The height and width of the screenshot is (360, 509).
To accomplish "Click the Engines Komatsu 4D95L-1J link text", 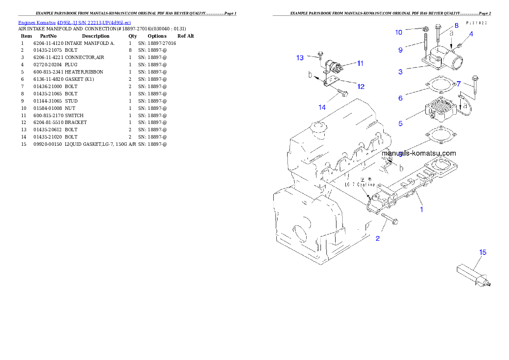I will coord(74,22).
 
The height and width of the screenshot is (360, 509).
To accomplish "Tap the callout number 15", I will coord(482,253).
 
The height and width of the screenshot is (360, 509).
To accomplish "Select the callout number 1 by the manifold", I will coord(421,210).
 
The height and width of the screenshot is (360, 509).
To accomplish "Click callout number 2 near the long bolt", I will coord(378,239).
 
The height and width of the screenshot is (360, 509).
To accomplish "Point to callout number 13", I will coord(300,58).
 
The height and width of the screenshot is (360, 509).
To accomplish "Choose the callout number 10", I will coord(399,32).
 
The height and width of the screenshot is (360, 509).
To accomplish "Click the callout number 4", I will coord(471,34).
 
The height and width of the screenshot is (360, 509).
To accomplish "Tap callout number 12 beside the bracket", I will coord(361,87).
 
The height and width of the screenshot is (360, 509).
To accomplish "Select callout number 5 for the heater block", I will coord(400,124).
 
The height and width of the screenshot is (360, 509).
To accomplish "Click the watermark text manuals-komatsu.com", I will coord(419,153).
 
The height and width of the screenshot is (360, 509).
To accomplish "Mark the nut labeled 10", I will coord(426,29).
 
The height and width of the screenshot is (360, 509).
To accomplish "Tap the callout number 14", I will coord(322,107).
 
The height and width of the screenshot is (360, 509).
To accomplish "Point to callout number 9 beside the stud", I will coord(400,50).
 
